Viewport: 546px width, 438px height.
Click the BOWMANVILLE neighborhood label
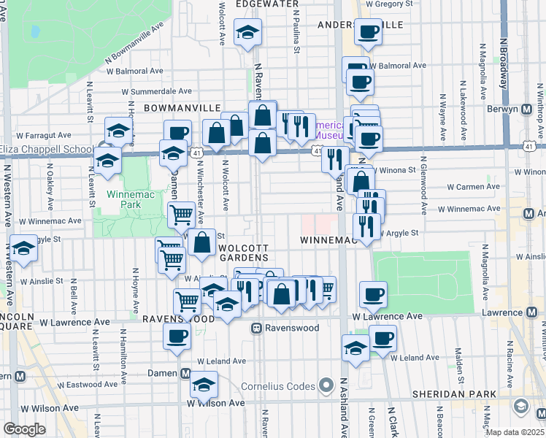click(x=182, y=107)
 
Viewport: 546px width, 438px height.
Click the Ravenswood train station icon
click(x=257, y=328)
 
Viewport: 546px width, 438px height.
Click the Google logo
click(x=24, y=429)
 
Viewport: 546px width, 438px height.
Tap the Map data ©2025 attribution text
click(x=515, y=432)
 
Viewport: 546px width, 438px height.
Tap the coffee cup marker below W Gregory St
click(x=369, y=32)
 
